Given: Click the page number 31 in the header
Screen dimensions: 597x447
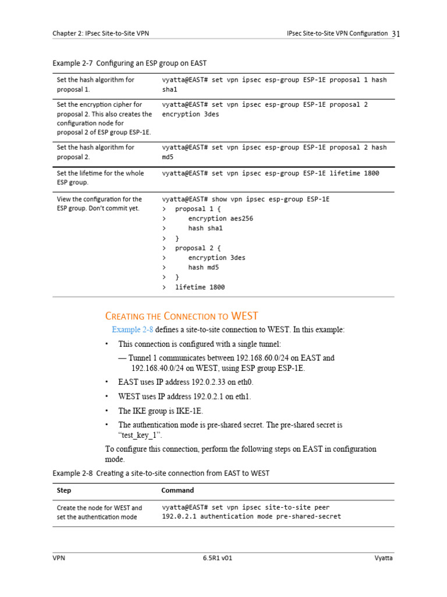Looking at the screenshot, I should click(396, 34).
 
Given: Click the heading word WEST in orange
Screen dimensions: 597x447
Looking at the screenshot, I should click(244, 316).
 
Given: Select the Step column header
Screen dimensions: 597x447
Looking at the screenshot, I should click(64, 490).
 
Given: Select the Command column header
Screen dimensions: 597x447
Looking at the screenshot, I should click(178, 490).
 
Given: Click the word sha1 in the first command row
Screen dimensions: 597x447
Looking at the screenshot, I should click(169, 90).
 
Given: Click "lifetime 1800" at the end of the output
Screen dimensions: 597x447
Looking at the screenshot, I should click(200, 287).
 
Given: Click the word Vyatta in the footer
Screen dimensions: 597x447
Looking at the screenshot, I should click(384, 558).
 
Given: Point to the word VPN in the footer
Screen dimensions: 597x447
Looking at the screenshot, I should click(59, 558).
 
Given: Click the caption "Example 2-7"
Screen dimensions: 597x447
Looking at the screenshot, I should click(73, 63).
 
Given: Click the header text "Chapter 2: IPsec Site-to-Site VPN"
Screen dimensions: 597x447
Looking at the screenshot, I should click(101, 34).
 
